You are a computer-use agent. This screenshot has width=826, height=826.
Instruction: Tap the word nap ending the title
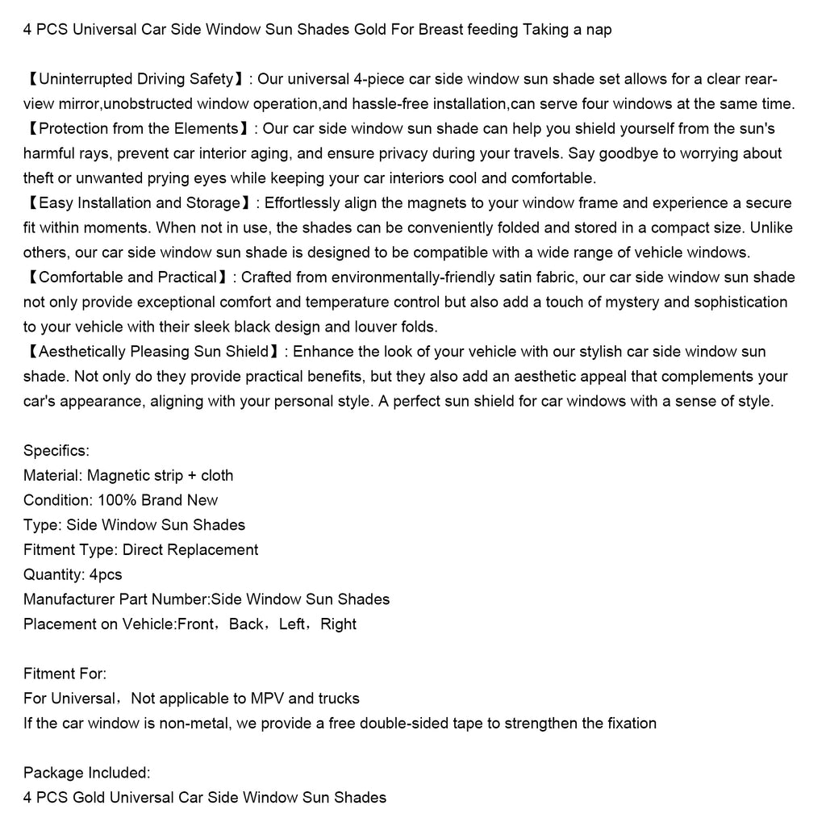click(x=598, y=30)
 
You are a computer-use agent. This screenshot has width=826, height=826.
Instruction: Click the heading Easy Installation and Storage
click(x=139, y=202)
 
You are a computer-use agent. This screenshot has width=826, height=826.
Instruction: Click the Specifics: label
click(x=56, y=450)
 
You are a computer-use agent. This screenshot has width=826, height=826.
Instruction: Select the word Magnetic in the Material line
click(x=118, y=475)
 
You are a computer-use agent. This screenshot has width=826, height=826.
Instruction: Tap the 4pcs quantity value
click(x=106, y=574)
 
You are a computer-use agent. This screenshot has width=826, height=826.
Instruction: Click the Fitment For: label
click(x=65, y=674)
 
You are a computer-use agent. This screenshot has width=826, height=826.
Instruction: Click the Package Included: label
click(x=86, y=773)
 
